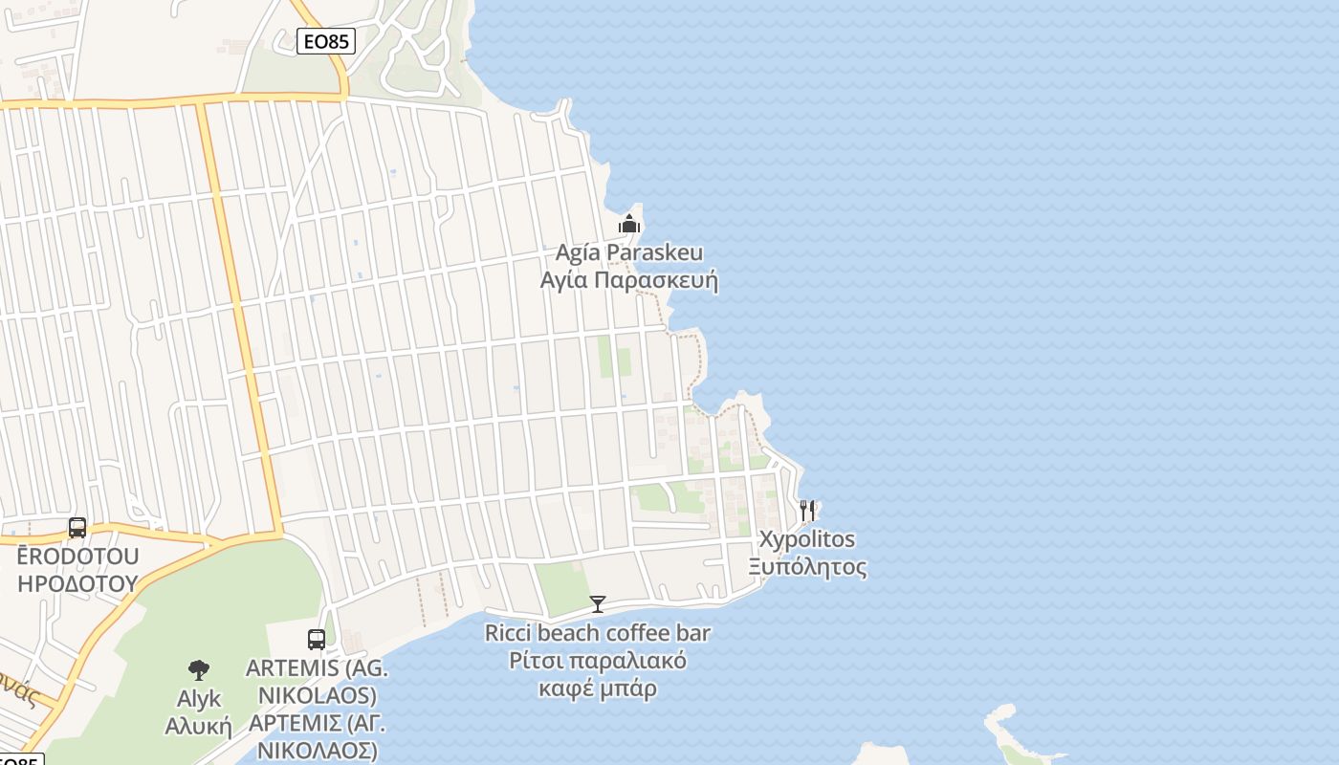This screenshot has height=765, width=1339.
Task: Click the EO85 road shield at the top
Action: click(325, 41)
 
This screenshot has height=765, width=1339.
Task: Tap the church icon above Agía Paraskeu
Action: click(629, 225)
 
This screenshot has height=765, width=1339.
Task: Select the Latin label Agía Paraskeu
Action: click(629, 253)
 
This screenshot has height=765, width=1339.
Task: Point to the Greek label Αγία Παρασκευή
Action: click(629, 281)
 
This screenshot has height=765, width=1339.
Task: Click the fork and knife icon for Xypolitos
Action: click(808, 510)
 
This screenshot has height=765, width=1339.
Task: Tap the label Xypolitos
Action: click(807, 539)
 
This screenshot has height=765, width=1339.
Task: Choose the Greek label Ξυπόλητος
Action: click(807, 567)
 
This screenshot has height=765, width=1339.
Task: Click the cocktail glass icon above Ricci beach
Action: click(598, 603)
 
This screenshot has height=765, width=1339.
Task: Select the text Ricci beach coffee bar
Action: click(598, 633)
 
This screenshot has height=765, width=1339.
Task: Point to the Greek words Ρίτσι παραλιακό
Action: click(598, 661)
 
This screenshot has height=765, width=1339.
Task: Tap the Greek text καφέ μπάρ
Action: click(598, 688)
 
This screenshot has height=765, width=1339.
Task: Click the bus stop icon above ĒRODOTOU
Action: click(77, 527)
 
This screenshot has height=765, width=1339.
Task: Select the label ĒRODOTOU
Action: click(77, 557)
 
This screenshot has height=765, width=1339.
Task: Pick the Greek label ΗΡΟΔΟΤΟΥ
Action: click(77, 583)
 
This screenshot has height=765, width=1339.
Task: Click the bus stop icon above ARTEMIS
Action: click(317, 639)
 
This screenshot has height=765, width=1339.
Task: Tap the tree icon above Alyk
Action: click(199, 669)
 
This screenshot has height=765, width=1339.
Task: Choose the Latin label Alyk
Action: click(199, 699)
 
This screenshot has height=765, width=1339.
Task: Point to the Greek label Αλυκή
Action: click(199, 726)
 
